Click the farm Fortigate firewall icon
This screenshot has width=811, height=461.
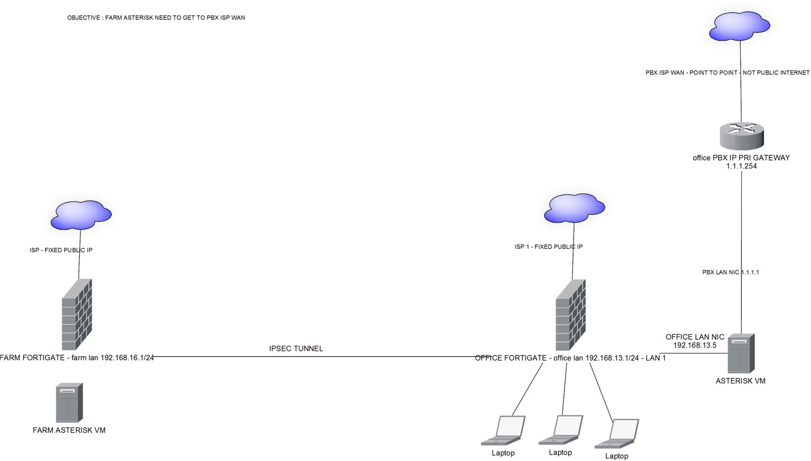pyautogui.click(x=77, y=315)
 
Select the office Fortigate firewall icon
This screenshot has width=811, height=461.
pyautogui.click(x=571, y=315)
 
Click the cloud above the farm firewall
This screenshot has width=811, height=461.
pyautogui.click(x=81, y=215)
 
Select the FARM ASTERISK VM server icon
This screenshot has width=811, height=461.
pyautogui.click(x=69, y=401)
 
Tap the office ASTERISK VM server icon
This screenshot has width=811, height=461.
pyautogui.click(x=741, y=353)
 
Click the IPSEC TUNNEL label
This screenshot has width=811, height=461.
pyautogui.click(x=296, y=349)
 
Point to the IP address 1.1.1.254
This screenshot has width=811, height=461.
pyautogui.click(x=741, y=166)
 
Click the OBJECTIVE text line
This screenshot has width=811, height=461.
pyautogui.click(x=156, y=18)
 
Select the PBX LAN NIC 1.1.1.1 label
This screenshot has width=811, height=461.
pyautogui.click(x=731, y=272)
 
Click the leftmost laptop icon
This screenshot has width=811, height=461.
pyautogui.click(x=504, y=430)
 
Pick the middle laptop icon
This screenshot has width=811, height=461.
pyautogui.click(x=561, y=430)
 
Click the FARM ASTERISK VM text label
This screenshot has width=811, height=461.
pyautogui.click(x=69, y=430)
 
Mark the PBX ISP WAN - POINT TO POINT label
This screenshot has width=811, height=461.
pyautogui.click(x=727, y=73)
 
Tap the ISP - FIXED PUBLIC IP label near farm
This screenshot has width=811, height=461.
pyautogui.click(x=66, y=250)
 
